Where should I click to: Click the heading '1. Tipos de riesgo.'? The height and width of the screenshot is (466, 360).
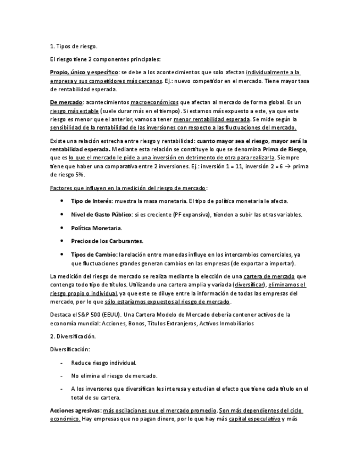(73, 46)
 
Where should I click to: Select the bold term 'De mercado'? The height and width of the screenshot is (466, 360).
(66, 102)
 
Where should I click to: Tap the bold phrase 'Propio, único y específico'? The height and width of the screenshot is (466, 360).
(84, 72)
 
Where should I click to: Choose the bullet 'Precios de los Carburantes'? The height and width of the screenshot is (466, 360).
(99, 241)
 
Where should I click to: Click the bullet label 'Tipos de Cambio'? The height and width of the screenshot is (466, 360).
(93, 254)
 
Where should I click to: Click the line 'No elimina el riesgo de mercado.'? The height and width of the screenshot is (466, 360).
(114, 376)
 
